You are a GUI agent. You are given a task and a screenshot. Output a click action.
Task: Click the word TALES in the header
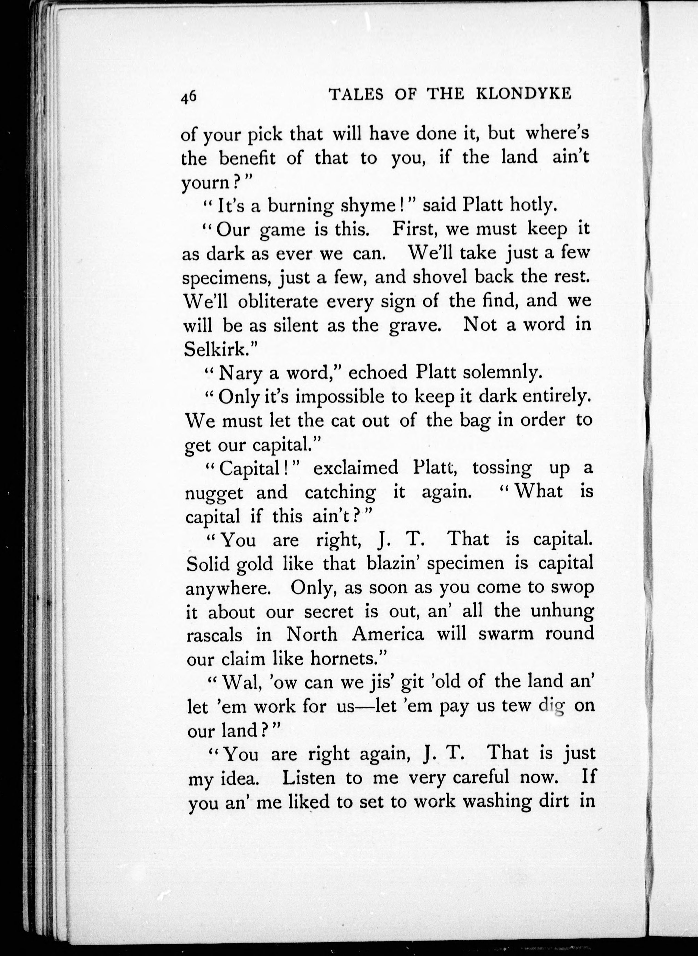tap(356, 95)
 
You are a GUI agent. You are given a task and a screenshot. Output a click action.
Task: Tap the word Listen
tap(309, 778)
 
